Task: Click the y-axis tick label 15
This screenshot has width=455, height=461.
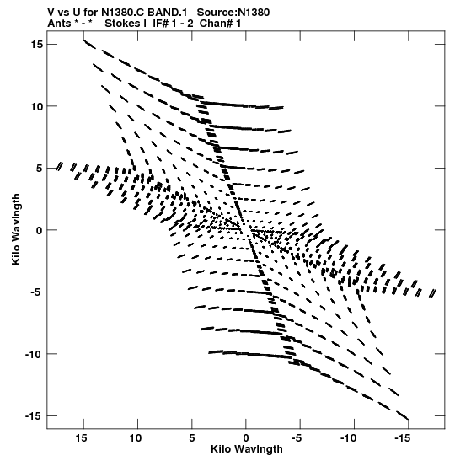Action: (37, 45)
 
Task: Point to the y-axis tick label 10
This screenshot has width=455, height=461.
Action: (37, 106)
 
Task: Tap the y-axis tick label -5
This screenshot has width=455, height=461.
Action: (36, 292)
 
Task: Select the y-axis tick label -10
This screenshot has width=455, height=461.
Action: (34, 354)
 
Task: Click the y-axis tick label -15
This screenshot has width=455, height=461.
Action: (34, 416)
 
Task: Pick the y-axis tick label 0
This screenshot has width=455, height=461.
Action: (40, 231)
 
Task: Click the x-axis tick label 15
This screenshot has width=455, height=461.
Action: (82, 438)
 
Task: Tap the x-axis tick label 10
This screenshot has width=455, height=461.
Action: (136, 438)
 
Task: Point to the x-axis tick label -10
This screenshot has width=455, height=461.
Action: (349, 438)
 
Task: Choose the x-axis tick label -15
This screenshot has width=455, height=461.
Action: (403, 438)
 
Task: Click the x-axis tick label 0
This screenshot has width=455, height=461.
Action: (246, 438)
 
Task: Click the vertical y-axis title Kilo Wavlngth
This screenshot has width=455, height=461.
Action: (16, 229)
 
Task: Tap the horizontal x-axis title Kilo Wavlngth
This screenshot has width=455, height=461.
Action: (247, 449)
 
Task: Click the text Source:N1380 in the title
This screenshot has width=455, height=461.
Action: (233, 13)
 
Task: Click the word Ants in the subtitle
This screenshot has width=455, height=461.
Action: (59, 24)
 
